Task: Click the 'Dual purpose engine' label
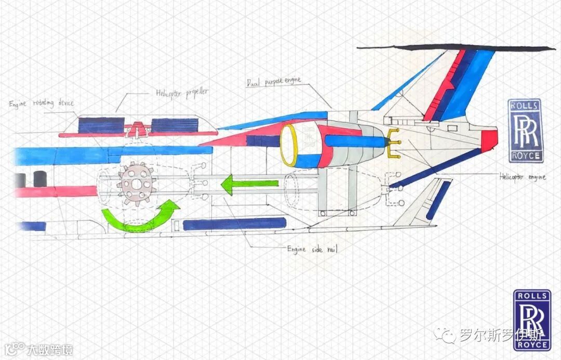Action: [274, 81]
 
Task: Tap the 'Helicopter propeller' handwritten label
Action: [182, 92]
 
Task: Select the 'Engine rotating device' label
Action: [41, 103]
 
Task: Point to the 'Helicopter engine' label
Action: [522, 177]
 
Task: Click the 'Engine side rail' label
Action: [312, 249]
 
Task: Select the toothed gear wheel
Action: [137, 183]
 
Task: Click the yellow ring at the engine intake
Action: [289, 146]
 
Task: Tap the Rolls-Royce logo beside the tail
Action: [525, 130]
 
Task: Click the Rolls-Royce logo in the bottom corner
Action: [532, 319]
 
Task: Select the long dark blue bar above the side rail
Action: [234, 224]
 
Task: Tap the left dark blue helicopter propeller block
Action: [101, 125]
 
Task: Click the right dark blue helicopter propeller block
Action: [175, 125]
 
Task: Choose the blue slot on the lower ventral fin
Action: [438, 200]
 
